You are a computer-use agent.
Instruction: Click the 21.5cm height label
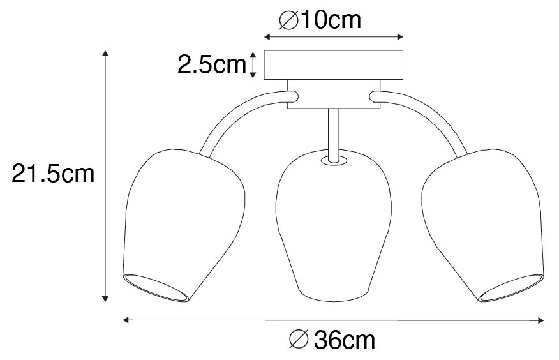click(53, 174)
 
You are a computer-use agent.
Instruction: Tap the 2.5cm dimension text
click(212, 64)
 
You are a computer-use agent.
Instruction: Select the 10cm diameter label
click(320, 20)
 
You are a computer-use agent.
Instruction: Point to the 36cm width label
click(332, 340)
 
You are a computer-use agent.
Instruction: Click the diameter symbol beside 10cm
click(289, 20)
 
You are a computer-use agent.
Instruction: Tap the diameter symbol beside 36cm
click(299, 340)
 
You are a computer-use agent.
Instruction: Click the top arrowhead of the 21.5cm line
click(105, 54)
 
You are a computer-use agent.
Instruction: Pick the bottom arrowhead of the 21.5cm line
click(105, 298)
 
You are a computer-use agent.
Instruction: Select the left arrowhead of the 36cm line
click(126, 320)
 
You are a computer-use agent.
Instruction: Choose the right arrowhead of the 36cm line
click(540, 320)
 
